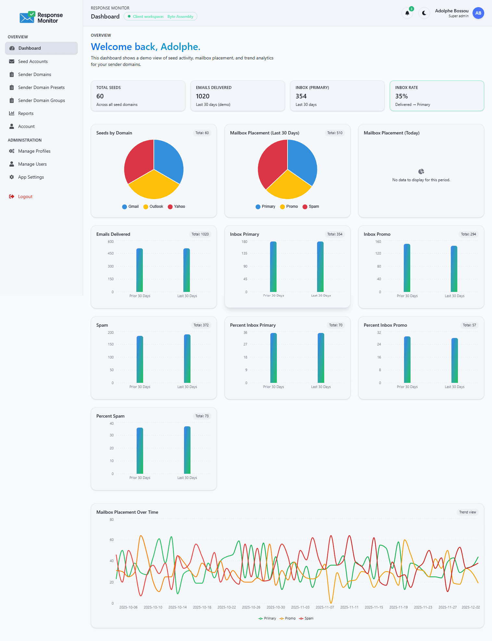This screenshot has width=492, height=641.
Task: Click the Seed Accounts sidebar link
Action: click(x=33, y=61)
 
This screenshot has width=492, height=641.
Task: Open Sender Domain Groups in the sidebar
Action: click(x=41, y=100)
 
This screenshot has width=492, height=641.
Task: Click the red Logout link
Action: click(x=25, y=196)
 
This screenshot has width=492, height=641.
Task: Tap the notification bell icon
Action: click(x=407, y=13)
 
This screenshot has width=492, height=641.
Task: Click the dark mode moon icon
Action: click(x=424, y=13)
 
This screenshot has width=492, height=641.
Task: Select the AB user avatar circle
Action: click(x=478, y=13)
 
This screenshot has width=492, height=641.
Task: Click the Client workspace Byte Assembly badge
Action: click(x=160, y=17)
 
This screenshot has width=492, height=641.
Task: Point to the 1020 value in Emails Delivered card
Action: click(x=203, y=96)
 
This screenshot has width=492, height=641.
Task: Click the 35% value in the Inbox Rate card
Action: click(x=401, y=96)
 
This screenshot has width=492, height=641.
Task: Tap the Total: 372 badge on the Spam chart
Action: click(x=201, y=325)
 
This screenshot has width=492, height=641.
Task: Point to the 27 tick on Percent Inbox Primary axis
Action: click(x=245, y=344)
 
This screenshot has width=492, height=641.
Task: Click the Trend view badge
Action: click(x=467, y=512)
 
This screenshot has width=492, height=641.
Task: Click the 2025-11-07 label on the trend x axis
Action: click(x=325, y=607)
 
